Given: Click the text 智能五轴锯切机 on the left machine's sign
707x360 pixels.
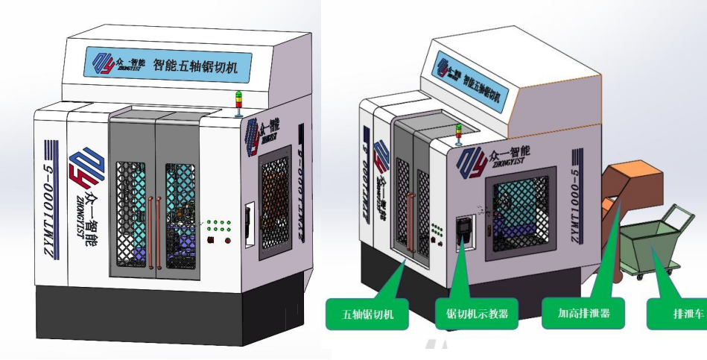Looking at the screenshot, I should [x=200, y=65].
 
